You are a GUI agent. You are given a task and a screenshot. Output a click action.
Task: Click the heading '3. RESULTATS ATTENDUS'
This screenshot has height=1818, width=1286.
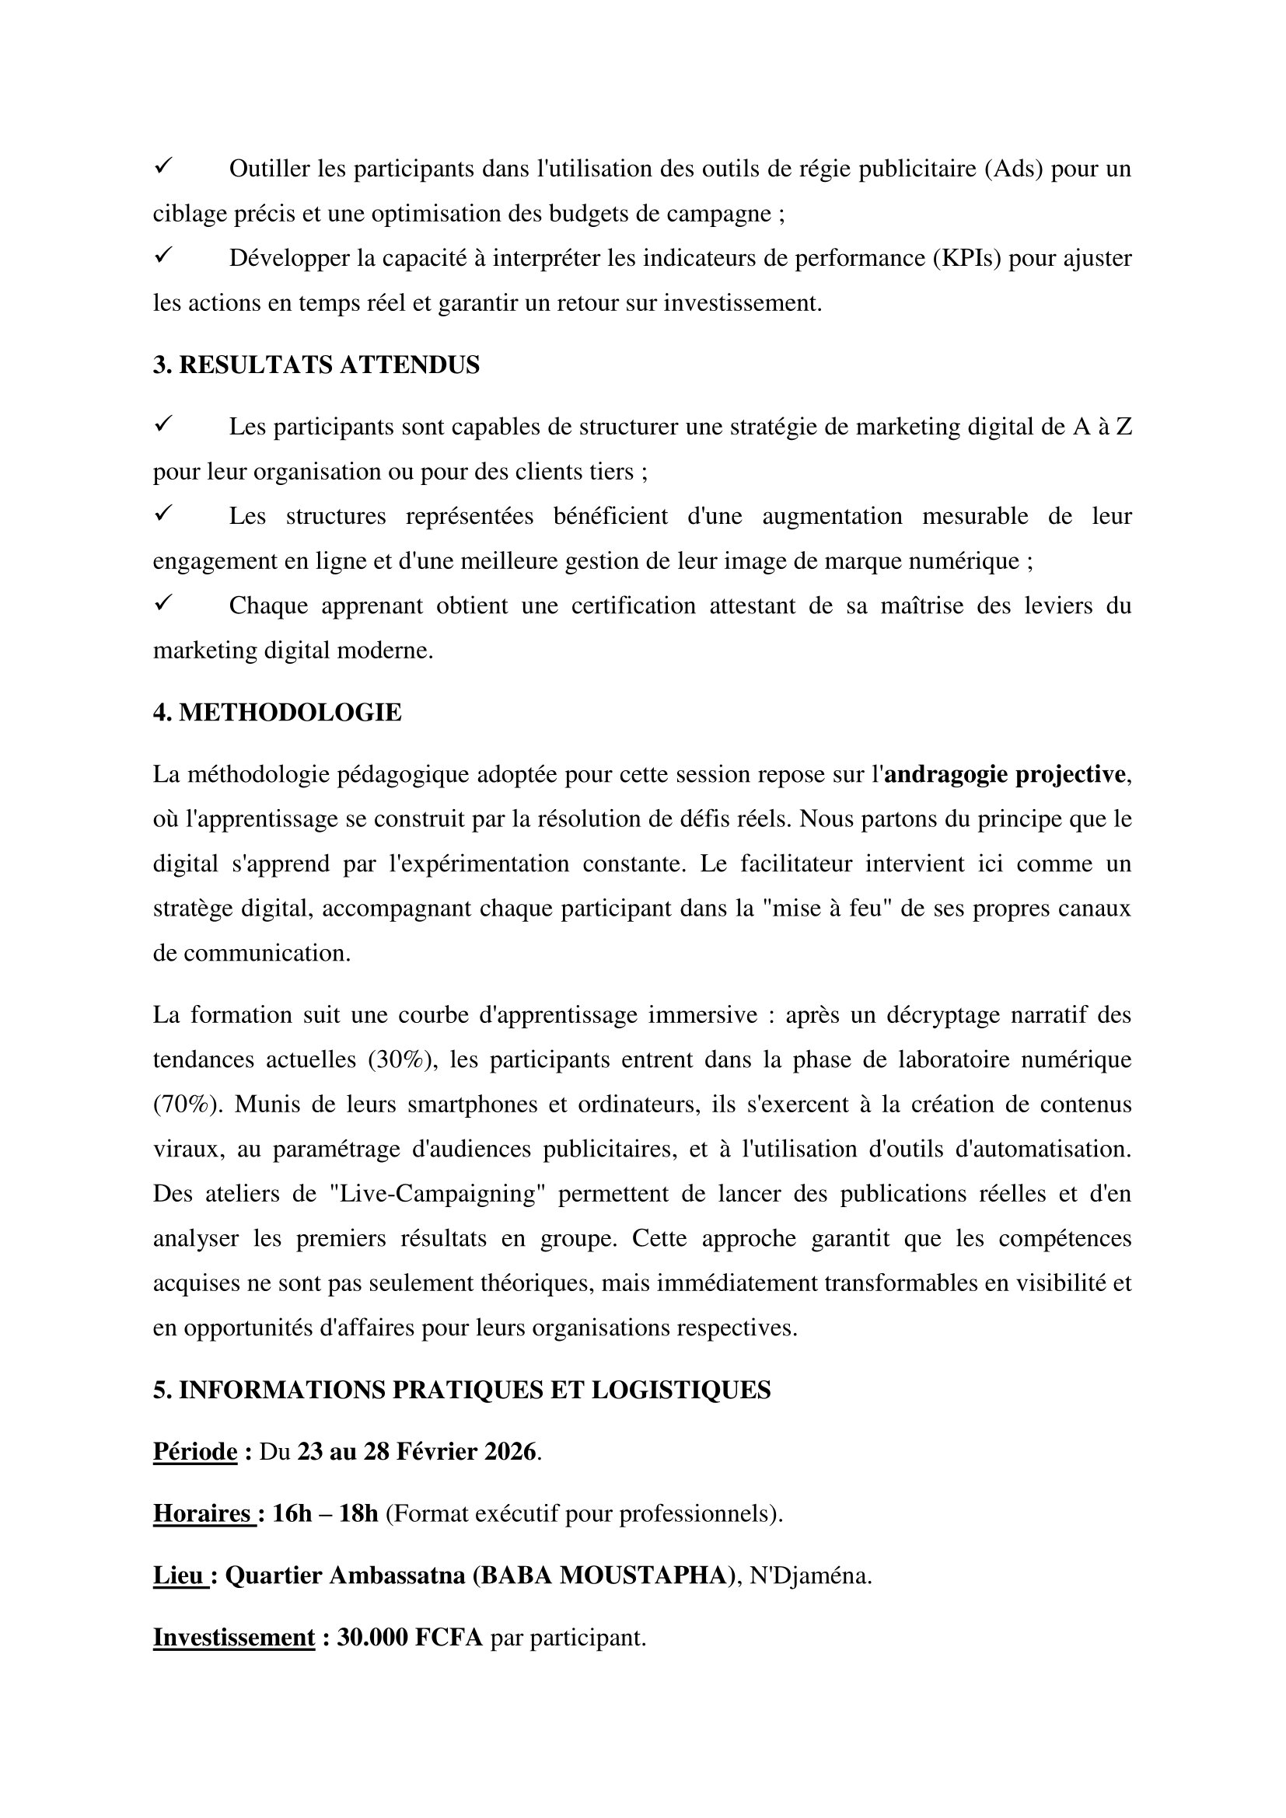coord(316,365)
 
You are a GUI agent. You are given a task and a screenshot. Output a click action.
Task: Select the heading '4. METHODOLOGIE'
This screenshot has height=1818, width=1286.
coord(277,713)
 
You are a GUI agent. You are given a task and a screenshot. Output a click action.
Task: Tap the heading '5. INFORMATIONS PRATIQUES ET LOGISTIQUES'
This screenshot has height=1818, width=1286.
coord(462,1390)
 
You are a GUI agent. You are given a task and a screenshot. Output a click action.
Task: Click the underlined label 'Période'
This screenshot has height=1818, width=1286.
coord(195,1451)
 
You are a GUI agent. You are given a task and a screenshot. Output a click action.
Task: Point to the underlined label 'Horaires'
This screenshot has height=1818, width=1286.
coord(202,1513)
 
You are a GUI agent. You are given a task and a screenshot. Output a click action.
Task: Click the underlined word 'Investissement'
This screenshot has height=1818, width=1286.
coord(233,1637)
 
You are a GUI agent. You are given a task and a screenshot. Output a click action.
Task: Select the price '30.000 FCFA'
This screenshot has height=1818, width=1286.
coord(410,1637)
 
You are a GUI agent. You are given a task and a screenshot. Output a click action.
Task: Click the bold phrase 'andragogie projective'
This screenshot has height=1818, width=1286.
coord(1004,773)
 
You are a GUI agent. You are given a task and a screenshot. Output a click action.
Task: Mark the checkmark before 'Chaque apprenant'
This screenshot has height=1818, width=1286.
coord(164,604)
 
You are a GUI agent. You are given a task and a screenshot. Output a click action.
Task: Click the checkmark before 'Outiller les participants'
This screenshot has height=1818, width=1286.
coord(164,167)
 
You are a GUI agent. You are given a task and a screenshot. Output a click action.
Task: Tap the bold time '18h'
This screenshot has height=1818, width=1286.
coord(358,1513)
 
